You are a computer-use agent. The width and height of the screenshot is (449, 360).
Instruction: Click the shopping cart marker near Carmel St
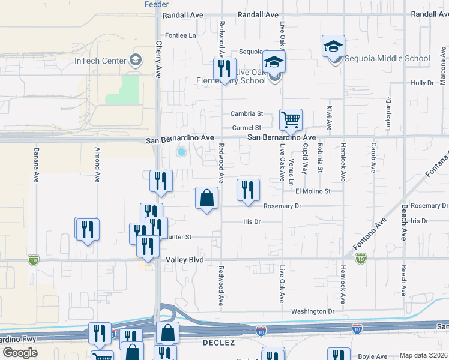click(x=291, y=119)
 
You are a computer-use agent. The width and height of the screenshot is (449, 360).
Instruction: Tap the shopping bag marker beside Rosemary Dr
click(x=207, y=198)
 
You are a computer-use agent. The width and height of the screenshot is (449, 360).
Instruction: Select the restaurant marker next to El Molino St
click(x=248, y=190)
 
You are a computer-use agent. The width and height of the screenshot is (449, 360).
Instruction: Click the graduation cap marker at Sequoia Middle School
click(x=333, y=46)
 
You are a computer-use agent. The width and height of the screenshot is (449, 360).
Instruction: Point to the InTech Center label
click(x=100, y=61)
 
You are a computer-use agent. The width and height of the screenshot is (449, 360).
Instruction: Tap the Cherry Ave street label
click(x=159, y=59)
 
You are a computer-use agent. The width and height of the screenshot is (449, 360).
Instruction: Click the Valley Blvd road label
click(x=185, y=260)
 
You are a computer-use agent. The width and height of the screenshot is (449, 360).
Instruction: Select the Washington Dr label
click(x=313, y=311)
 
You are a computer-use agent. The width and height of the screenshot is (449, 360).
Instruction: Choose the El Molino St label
click(x=313, y=191)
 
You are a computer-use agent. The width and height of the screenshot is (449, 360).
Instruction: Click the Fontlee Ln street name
click(x=181, y=35)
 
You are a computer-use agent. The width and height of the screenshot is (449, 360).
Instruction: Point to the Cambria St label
click(x=247, y=113)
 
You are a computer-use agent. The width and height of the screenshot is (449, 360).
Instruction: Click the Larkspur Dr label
click(x=388, y=114)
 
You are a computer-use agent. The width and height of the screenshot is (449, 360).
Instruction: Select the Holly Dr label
click(x=422, y=83)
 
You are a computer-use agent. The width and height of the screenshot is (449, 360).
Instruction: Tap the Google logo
click(x=20, y=352)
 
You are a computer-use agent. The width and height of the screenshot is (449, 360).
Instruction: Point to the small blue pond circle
click(x=181, y=152)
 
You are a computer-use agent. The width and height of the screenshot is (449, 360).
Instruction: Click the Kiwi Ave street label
click(x=329, y=118)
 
